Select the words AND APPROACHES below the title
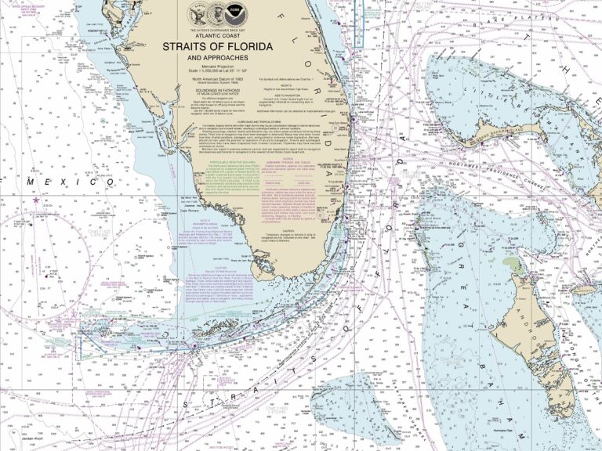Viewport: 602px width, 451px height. click(x=216, y=58)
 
